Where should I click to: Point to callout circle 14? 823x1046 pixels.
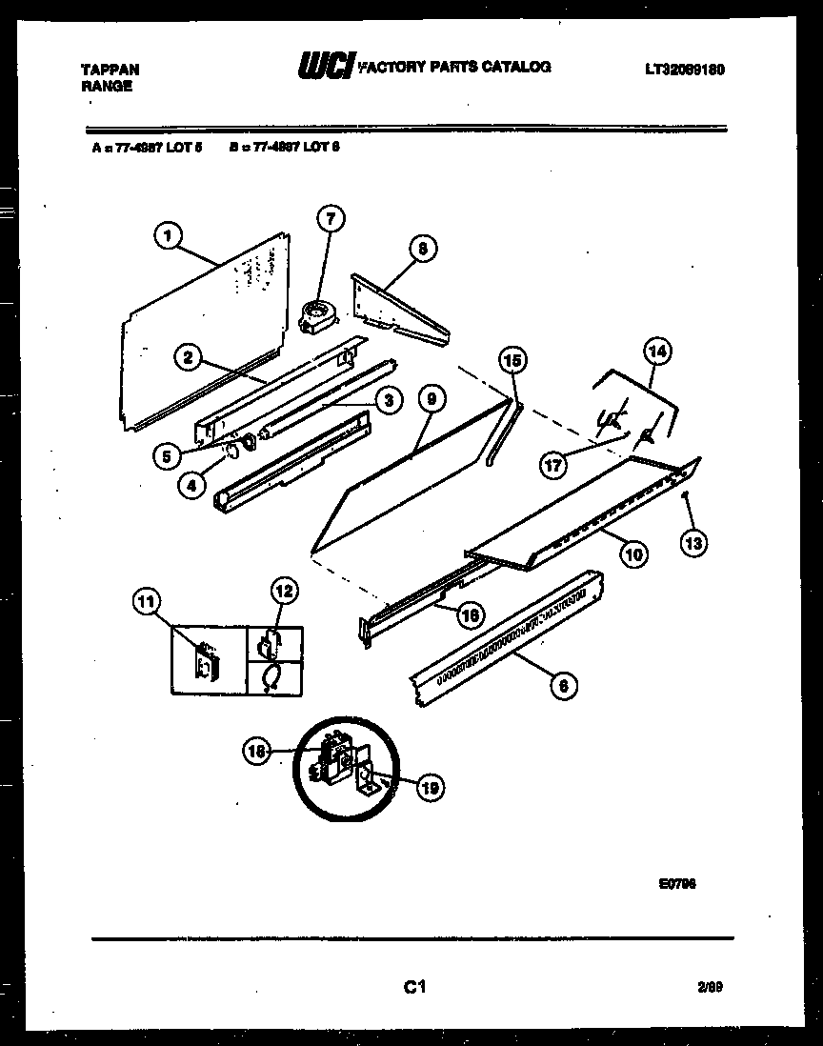656,351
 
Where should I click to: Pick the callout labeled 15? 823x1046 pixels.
512,360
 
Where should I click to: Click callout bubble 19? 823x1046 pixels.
430,787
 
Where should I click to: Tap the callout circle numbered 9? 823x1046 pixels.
431,401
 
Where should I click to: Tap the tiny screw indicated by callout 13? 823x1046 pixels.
686,493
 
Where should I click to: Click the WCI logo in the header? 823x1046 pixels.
326,66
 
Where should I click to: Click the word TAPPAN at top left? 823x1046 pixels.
110,70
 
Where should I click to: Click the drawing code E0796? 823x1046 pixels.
677,883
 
